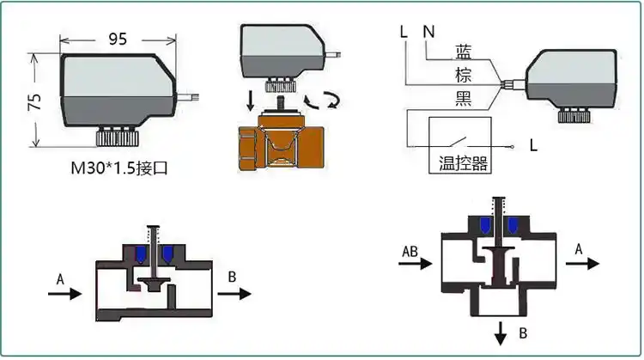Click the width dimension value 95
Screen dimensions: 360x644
point(119,39)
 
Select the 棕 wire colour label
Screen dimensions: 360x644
point(463,76)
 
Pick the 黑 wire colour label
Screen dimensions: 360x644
point(463,100)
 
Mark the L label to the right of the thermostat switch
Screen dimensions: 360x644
point(533,145)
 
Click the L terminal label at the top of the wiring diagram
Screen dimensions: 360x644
point(403,33)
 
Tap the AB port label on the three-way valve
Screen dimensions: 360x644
point(411,251)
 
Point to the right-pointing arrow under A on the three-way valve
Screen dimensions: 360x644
point(582,264)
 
